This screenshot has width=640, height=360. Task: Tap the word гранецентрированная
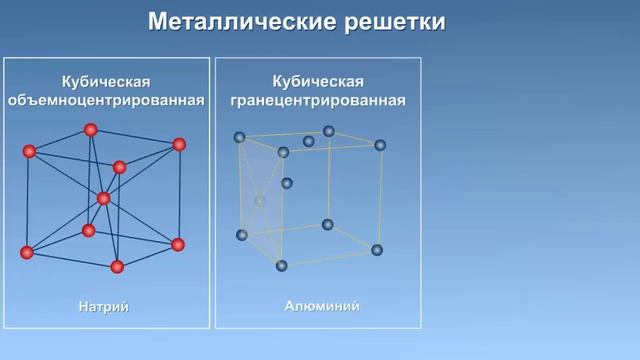pyautogui.click(x=318, y=100)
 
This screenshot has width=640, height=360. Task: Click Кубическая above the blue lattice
pyautogui.click(x=318, y=80)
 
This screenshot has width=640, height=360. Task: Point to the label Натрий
pyautogui.click(x=104, y=305)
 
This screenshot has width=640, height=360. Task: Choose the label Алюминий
pyautogui.click(x=316, y=305)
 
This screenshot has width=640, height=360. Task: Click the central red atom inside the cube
pyautogui.click(x=104, y=199)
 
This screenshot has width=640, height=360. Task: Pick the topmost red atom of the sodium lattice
pyautogui.click(x=91, y=129)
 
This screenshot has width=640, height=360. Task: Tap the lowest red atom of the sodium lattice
pyautogui.click(x=117, y=266)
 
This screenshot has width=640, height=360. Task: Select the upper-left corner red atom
pyautogui.click(x=29, y=151)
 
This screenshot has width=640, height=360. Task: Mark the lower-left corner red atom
pyautogui.click(x=27, y=251)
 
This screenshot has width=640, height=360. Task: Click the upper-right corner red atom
pyautogui.click(x=179, y=144)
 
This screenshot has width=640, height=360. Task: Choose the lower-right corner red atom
pyautogui.click(x=178, y=244)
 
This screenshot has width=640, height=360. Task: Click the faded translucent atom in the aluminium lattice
pyautogui.click(x=260, y=200)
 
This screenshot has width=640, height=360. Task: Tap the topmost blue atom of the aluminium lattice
pyautogui.click(x=329, y=131)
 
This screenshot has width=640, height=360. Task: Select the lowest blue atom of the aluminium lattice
pyautogui.click(x=282, y=265)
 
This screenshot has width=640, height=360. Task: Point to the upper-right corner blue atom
pyautogui.click(x=380, y=145)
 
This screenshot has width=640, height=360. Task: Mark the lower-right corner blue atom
pyautogui.click(x=377, y=249)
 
